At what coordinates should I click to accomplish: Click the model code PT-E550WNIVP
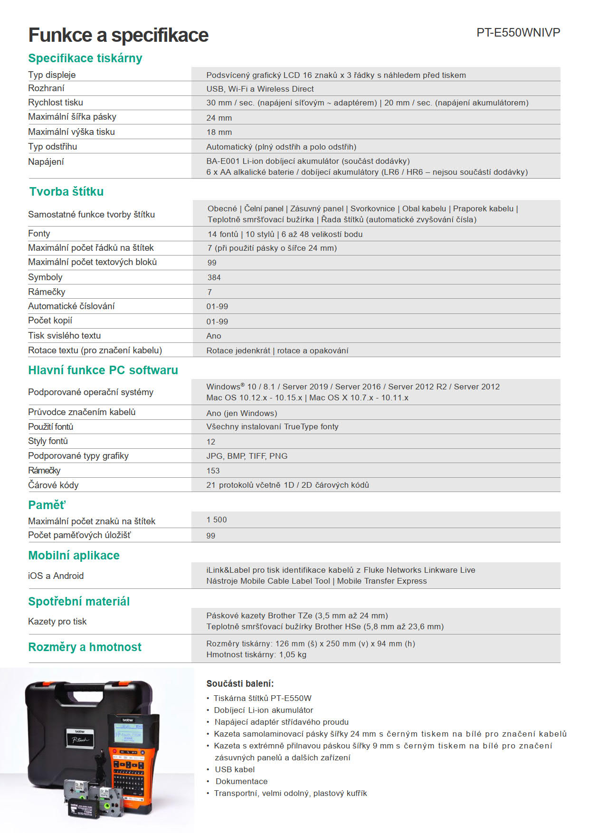pyautogui.click(x=518, y=33)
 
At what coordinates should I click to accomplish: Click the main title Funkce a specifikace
pyautogui.click(x=118, y=35)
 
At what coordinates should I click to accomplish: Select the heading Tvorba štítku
pyautogui.click(x=66, y=191)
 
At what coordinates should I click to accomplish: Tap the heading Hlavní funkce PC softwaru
pyautogui.click(x=103, y=370)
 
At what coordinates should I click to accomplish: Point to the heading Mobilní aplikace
pyautogui.click(x=74, y=555)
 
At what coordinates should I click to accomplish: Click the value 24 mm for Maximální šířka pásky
pyautogui.click(x=219, y=118)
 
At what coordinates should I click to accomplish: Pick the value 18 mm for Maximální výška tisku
pyautogui.click(x=219, y=132)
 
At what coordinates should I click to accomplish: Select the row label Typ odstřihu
pyautogui.click(x=52, y=147)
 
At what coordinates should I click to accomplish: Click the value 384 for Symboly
pyautogui.click(x=214, y=277)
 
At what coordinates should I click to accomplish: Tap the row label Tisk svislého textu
pyautogui.click(x=64, y=335)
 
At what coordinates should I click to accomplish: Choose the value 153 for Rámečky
pyautogui.click(x=213, y=471)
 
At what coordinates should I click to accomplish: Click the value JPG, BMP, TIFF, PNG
pyautogui.click(x=247, y=456)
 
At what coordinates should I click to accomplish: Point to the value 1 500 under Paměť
pyautogui.click(x=217, y=520)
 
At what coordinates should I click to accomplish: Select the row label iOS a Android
pyautogui.click(x=56, y=576)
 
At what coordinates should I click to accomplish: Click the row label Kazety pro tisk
pyautogui.click(x=57, y=621)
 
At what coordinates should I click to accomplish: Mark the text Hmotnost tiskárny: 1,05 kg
pyautogui.click(x=256, y=654)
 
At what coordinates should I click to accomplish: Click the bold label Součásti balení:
pyautogui.click(x=240, y=683)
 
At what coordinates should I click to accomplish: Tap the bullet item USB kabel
pyautogui.click(x=235, y=769)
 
